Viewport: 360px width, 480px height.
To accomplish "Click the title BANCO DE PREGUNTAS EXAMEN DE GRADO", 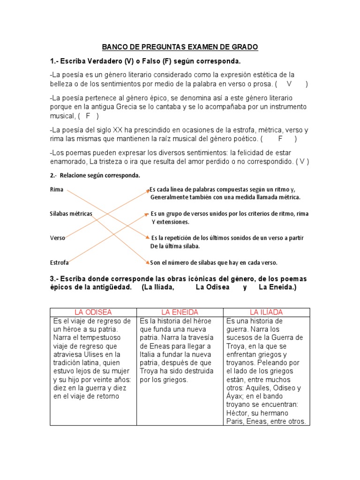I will (180, 47).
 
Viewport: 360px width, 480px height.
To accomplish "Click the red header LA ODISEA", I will (93, 312).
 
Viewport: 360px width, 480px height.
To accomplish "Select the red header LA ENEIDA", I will (180, 312).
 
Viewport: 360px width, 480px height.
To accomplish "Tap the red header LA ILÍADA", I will (266, 312).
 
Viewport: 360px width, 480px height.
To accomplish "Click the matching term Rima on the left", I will (56, 190).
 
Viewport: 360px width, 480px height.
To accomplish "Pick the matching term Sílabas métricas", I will (71, 213).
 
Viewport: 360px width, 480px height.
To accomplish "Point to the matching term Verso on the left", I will (58, 238).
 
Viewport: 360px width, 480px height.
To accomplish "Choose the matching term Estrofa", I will (60, 262).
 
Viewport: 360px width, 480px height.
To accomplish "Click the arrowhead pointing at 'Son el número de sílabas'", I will (147, 262).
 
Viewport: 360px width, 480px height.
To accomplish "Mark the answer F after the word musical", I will (88, 116).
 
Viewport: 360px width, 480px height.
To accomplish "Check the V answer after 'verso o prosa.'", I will (289, 84).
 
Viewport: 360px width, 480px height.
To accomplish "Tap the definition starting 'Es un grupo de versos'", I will (230, 214).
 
